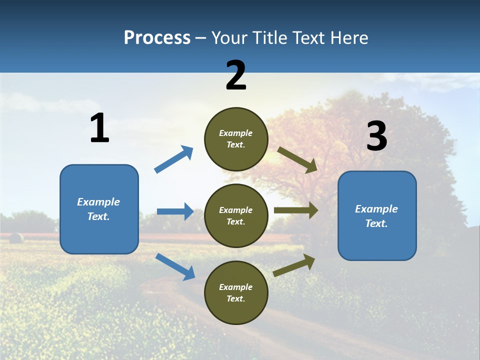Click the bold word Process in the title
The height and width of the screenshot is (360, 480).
pyautogui.click(x=157, y=37)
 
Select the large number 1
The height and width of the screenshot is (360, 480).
pyautogui.click(x=99, y=128)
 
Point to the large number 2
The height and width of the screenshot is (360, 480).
pyautogui.click(x=236, y=75)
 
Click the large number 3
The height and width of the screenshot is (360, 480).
pyautogui.click(x=376, y=136)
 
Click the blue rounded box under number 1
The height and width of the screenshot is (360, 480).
pyautogui.click(x=99, y=209)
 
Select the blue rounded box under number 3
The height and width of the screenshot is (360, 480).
pyautogui.click(x=377, y=216)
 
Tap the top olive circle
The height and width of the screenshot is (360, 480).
pyautogui.click(x=236, y=139)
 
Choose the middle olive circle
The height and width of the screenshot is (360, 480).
pyautogui.click(x=236, y=215)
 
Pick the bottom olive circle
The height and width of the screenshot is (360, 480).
pyautogui.click(x=236, y=292)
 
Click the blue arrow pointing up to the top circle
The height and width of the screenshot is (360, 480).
pyautogui.click(x=173, y=159)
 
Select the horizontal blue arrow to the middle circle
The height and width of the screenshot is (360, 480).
pyautogui.click(x=175, y=211)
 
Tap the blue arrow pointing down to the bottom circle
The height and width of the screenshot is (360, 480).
pyautogui.click(x=175, y=266)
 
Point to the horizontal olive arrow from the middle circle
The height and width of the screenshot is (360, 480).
pyautogui.click(x=295, y=210)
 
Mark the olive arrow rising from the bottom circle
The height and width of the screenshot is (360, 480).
pyautogui.click(x=294, y=265)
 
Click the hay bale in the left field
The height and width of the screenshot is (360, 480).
pyautogui.click(x=16, y=237)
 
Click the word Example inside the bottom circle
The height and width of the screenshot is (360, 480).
pyautogui.click(x=236, y=287)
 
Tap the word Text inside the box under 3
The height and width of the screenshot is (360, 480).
pyautogui.click(x=376, y=223)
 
